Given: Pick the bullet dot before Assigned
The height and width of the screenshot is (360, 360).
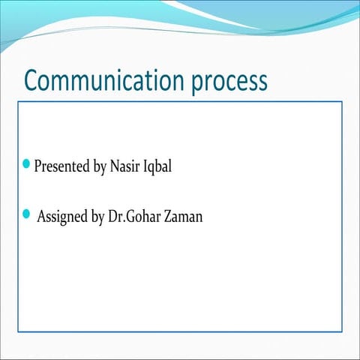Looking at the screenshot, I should coord(28,214).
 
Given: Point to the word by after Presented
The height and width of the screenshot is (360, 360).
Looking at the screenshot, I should coord(99,167).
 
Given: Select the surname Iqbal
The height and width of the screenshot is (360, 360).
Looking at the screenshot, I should coord(159,166).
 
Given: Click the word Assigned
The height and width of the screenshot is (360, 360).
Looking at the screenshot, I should coord(63,217).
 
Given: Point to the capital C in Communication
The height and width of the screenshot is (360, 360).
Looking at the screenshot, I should coord(32,79).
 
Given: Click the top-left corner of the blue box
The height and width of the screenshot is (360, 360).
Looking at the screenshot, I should coord(18,102).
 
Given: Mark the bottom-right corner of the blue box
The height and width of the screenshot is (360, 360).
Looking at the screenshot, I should coord(342,331).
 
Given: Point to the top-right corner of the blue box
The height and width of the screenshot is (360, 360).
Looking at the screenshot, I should coord(342,102).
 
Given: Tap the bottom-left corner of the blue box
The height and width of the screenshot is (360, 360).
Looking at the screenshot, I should coord(18,331).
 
